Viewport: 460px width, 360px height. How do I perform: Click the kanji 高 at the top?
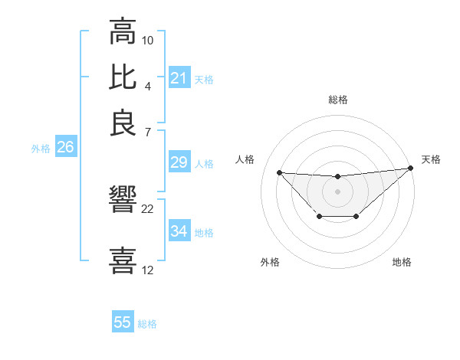click(x=123, y=32)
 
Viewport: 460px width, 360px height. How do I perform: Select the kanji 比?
click(x=123, y=77)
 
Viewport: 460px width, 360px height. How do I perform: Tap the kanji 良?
click(x=123, y=123)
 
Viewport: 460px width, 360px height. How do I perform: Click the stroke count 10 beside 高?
click(x=148, y=40)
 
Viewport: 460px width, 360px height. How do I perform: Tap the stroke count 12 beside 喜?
click(x=148, y=270)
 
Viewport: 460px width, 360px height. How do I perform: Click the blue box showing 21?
click(x=179, y=78)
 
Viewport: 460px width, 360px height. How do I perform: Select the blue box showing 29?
click(x=179, y=162)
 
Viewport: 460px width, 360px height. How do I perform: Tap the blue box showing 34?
click(x=179, y=231)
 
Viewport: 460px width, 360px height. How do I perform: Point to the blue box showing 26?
click(x=65, y=148)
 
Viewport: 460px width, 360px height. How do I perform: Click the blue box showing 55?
click(x=123, y=322)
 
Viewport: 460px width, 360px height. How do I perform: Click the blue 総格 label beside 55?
click(x=147, y=324)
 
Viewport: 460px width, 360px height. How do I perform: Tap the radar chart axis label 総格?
click(x=337, y=100)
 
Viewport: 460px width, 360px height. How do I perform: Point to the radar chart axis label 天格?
click(x=431, y=159)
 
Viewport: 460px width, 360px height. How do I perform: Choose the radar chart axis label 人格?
click(x=245, y=159)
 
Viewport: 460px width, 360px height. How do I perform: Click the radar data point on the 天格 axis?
click(x=411, y=168)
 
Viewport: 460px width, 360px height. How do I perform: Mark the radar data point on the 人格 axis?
click(x=279, y=172)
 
